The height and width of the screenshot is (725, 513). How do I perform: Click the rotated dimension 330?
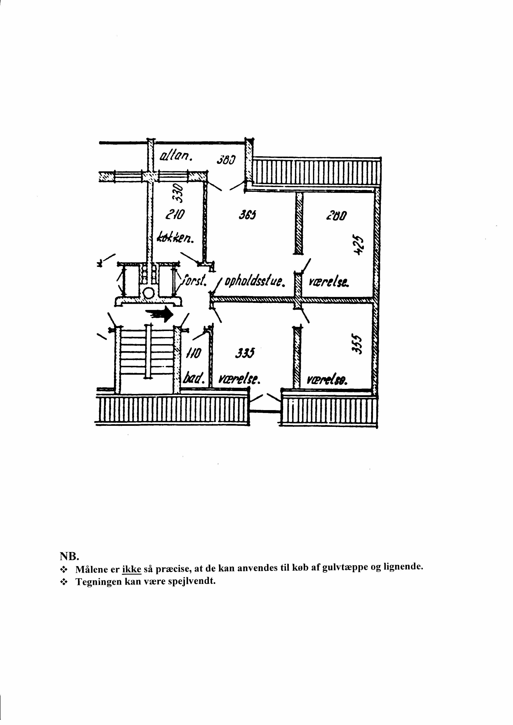coord(179,193)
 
